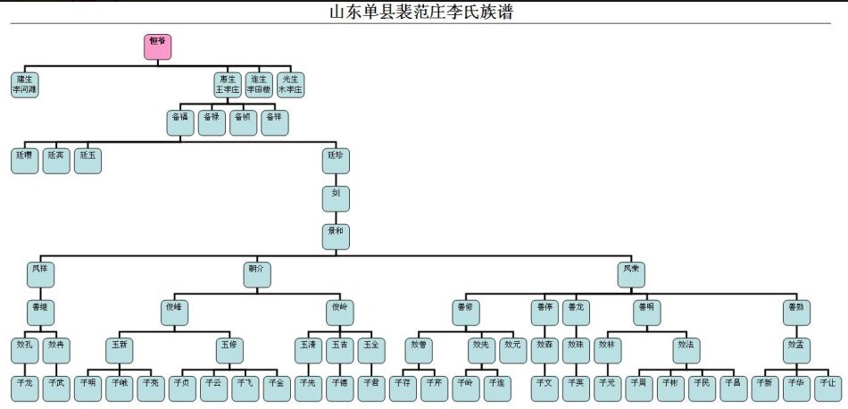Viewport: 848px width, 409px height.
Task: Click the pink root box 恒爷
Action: click(x=157, y=46)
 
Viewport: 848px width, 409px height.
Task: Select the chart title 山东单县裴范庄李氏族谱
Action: click(x=422, y=12)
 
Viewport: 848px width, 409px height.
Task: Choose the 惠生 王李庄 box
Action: click(x=228, y=84)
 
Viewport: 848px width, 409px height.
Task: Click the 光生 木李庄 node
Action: click(x=290, y=84)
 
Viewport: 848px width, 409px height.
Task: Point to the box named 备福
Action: click(x=179, y=122)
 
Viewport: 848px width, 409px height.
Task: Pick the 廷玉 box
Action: click(x=87, y=161)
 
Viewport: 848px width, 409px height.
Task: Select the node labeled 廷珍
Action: click(x=336, y=161)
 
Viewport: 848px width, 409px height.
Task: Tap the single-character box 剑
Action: click(x=336, y=198)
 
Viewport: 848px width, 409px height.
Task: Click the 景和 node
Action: click(x=336, y=236)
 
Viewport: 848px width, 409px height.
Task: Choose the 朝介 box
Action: click(x=257, y=274)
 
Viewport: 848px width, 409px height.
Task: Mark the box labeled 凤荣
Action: click(x=631, y=274)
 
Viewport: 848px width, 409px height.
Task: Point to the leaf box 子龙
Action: click(x=24, y=388)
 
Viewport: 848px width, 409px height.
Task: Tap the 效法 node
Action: click(x=686, y=350)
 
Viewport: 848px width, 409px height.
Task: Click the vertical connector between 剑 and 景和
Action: click(x=336, y=217)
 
